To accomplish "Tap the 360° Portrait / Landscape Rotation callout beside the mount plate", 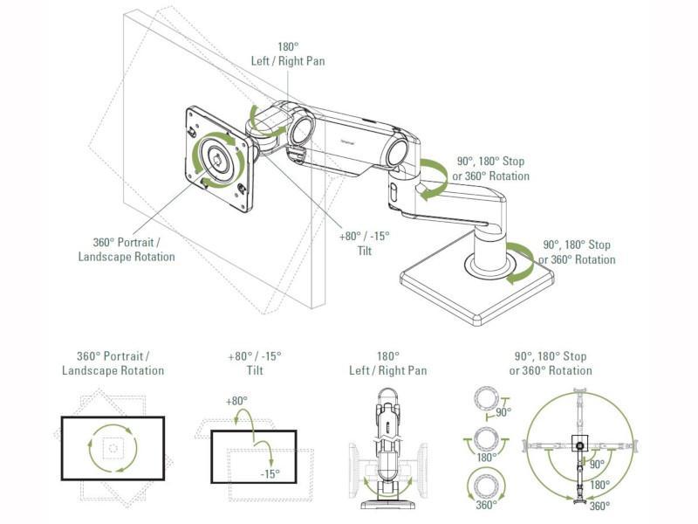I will coord(127,250).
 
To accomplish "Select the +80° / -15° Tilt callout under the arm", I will coord(365,243).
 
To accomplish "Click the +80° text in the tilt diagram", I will coord(236,401).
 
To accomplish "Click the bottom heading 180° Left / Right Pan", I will coord(388,363).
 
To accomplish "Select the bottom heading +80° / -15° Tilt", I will coord(255,363).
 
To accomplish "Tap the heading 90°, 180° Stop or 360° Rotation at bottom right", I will coord(551,363).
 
